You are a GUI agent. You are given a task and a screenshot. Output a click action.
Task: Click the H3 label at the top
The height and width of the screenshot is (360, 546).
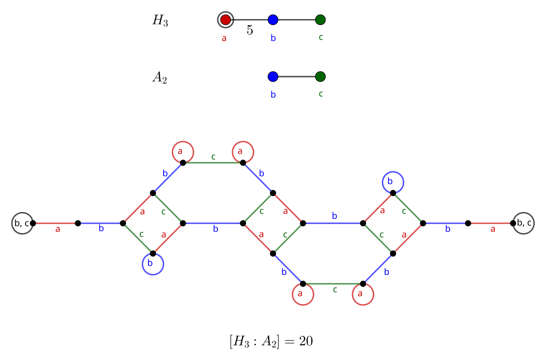(x=160, y=21)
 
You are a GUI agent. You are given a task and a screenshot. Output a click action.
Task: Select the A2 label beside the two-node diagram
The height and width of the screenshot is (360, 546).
(x=159, y=77)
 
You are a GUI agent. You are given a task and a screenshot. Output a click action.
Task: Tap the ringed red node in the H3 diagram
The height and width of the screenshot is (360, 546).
(x=225, y=19)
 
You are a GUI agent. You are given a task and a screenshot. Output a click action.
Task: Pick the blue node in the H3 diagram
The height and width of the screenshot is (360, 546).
(x=273, y=19)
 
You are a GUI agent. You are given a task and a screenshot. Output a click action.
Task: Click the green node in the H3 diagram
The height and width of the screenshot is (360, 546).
(x=320, y=19)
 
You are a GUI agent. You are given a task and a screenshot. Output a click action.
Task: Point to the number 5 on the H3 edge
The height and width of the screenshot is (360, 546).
(x=250, y=30)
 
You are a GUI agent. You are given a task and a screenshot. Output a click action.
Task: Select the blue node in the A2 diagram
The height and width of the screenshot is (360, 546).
(x=273, y=77)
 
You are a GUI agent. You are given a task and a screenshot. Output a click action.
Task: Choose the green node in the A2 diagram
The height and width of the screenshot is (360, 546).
(x=320, y=77)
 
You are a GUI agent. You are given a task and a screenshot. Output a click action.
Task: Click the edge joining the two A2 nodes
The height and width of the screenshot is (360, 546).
(x=297, y=77)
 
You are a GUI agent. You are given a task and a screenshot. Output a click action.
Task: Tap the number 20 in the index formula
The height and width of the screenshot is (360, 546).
(x=306, y=341)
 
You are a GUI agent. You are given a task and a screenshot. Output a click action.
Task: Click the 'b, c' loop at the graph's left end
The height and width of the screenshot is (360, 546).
(x=22, y=223)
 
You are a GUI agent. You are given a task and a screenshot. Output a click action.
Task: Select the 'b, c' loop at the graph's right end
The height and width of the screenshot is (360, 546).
(x=523, y=223)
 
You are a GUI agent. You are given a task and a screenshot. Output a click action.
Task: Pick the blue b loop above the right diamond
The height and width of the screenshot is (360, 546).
(x=393, y=182)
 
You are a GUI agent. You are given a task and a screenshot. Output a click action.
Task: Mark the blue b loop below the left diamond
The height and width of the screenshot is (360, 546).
(x=153, y=264)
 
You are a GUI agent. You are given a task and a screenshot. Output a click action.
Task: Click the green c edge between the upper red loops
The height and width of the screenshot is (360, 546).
(x=213, y=163)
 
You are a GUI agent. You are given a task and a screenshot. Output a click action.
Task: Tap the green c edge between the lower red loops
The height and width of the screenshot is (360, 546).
(x=333, y=284)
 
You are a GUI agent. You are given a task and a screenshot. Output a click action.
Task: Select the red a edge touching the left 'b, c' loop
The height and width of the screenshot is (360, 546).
(x=55, y=223)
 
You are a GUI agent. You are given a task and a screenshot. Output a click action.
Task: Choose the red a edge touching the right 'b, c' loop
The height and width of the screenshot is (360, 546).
(x=491, y=223)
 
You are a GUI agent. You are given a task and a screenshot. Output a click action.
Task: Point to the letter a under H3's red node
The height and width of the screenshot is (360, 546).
(x=224, y=38)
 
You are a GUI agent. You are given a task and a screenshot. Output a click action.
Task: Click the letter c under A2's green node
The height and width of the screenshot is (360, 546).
(x=321, y=93)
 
